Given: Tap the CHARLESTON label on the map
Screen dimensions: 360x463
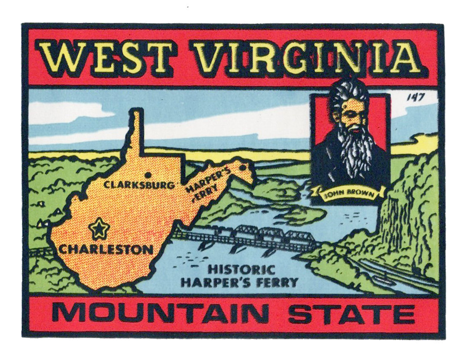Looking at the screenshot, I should [106, 249].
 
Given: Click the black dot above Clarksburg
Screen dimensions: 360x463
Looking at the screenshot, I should [148, 175].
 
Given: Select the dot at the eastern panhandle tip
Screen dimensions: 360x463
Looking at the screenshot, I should [242, 167].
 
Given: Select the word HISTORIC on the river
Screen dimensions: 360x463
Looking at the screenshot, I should [241, 270].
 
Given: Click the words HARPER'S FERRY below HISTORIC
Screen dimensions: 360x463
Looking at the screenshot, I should [239, 282].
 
